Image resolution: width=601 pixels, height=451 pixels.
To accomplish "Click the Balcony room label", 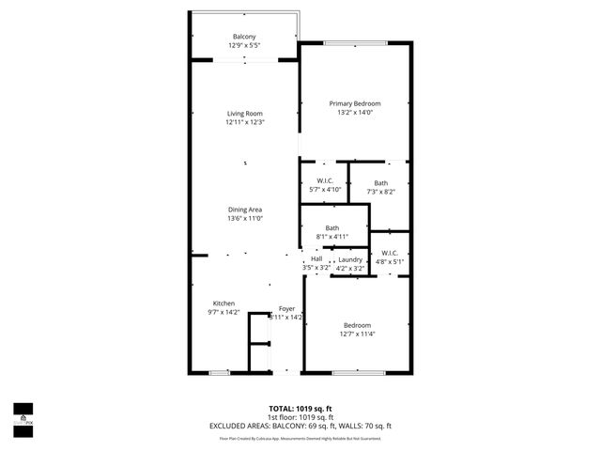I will (x=244, y=37).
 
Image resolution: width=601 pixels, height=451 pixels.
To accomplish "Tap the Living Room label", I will (x=244, y=114).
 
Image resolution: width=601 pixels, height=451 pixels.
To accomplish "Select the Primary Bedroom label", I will (x=354, y=103).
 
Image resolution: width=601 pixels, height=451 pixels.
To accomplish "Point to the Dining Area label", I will (x=244, y=210).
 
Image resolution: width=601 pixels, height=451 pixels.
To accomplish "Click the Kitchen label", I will (x=223, y=303).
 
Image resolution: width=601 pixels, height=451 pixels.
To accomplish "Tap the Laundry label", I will (x=350, y=259).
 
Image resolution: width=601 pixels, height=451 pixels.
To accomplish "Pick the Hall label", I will (x=316, y=259).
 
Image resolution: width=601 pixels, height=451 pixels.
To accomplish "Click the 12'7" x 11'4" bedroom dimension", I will (x=356, y=334).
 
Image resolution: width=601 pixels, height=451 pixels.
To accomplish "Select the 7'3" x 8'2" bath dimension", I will (x=380, y=192).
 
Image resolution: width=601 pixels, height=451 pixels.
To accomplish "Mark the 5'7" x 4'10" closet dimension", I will (x=325, y=190).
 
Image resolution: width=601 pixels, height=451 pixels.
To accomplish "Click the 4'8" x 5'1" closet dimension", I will (x=391, y=261).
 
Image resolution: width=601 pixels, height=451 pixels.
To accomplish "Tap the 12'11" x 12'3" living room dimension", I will (x=244, y=122).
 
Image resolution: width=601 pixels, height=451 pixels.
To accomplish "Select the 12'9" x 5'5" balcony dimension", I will (x=244, y=45).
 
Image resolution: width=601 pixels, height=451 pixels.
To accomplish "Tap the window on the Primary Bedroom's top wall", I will (x=354, y=42).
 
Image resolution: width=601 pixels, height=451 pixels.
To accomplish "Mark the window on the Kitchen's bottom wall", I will (x=219, y=373).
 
